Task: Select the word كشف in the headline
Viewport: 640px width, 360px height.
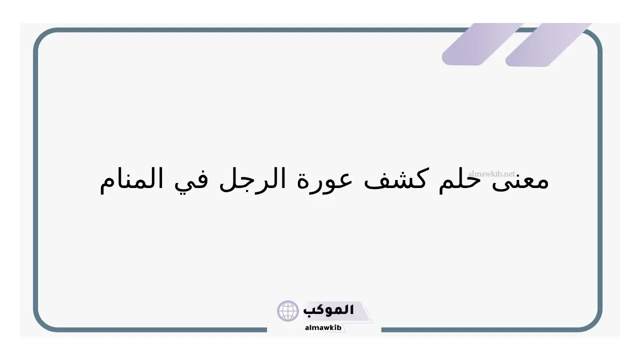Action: point(395,179)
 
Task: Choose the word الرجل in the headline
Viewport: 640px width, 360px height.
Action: point(252,180)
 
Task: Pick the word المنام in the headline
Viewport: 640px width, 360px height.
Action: point(131,180)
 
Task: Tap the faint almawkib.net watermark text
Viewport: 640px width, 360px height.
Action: point(491,173)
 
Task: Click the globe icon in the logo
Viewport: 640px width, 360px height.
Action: point(287,311)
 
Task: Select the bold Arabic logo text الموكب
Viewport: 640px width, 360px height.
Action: point(328,310)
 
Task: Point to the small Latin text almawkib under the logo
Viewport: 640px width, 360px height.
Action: point(323,327)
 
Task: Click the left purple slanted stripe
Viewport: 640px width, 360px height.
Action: point(482,44)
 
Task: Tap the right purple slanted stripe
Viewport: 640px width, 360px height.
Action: point(548,44)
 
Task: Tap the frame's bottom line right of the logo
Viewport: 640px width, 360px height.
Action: point(480,330)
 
